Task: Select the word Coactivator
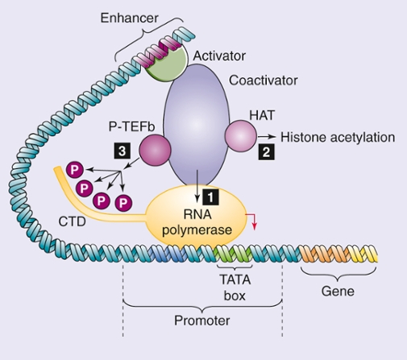(x=262, y=81)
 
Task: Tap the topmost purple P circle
(x=75, y=171)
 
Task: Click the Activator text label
(x=218, y=55)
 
